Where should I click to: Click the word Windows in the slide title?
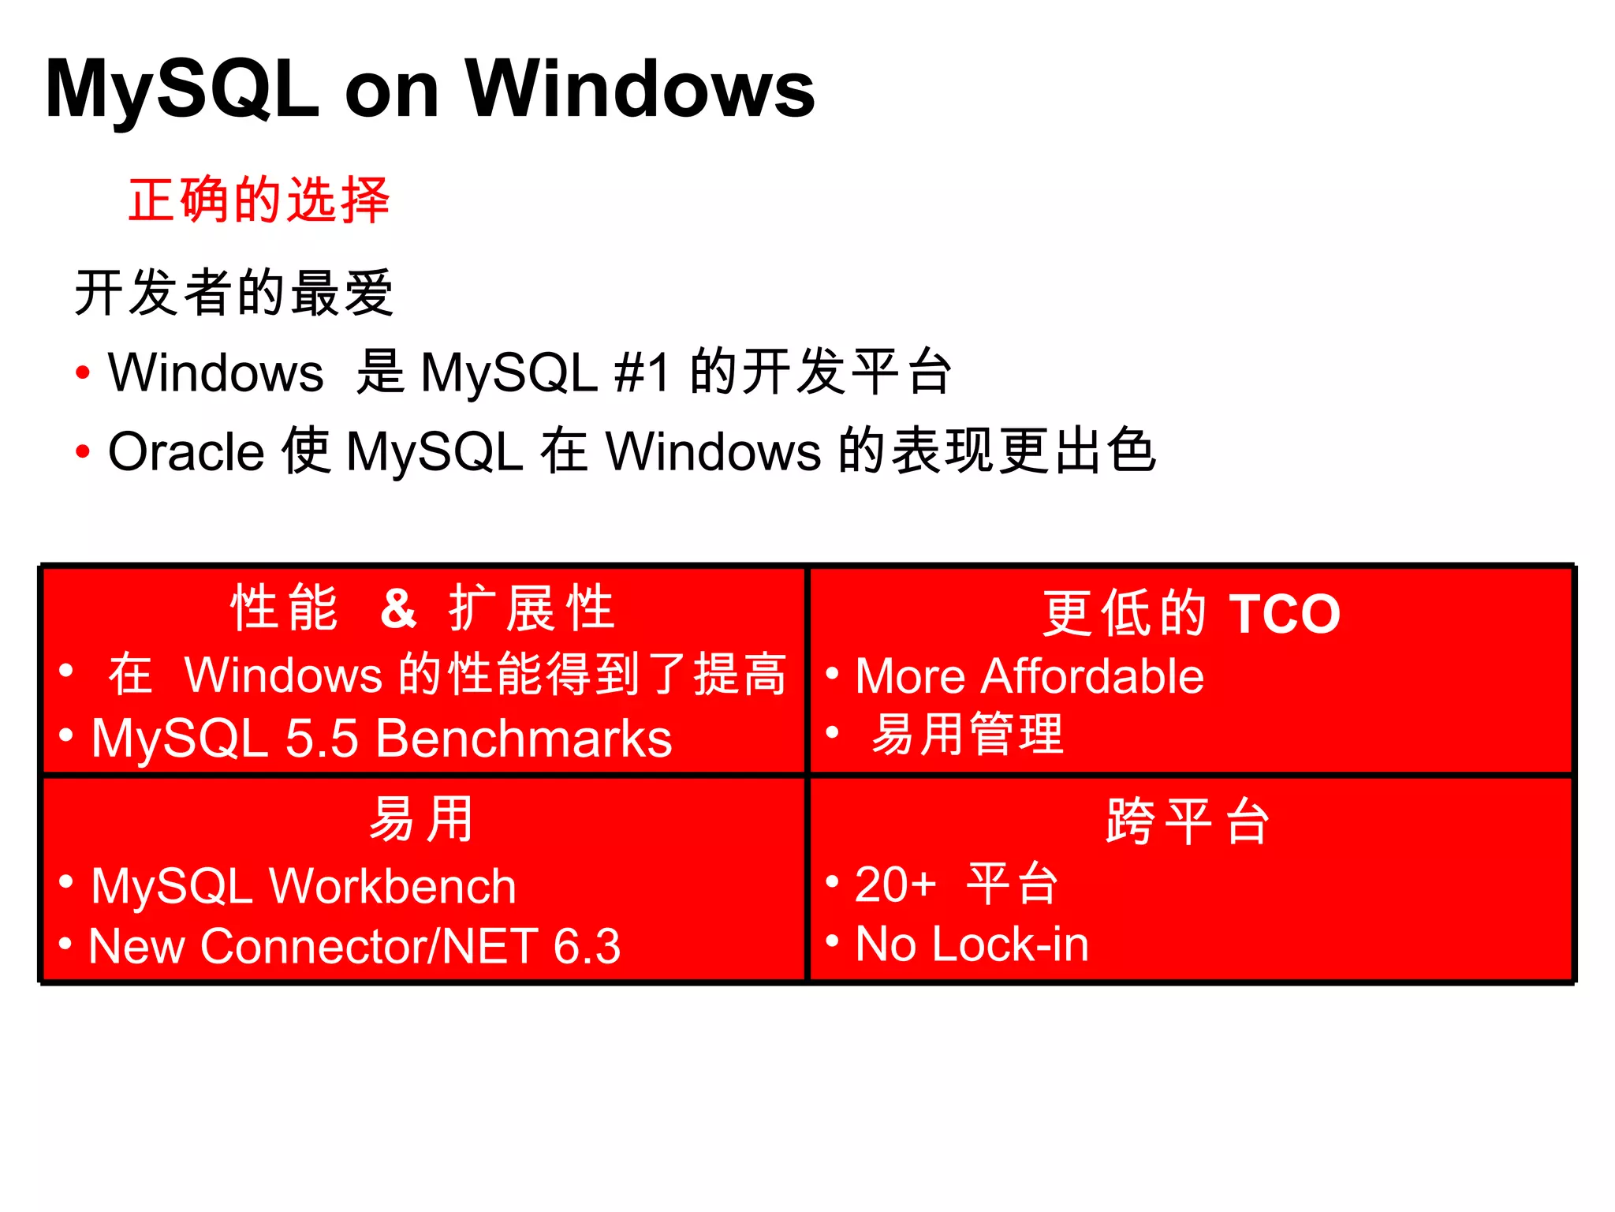640,89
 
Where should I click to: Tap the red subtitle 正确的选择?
259,200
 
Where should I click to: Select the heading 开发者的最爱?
233,293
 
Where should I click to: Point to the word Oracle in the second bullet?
186,452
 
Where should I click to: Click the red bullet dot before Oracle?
83,452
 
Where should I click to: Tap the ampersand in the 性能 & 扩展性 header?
398,608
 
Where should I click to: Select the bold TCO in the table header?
1285,613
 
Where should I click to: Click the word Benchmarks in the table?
524,739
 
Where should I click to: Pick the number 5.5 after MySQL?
322,739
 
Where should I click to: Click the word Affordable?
1092,676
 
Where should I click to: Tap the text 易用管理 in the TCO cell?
968,734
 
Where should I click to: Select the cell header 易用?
422,819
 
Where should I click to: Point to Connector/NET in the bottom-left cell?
370,945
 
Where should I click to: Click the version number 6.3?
587,945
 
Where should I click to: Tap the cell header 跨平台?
1188,821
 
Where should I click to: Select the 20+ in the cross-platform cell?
895,884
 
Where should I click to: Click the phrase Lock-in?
1010,944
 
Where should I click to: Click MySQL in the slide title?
182,89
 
